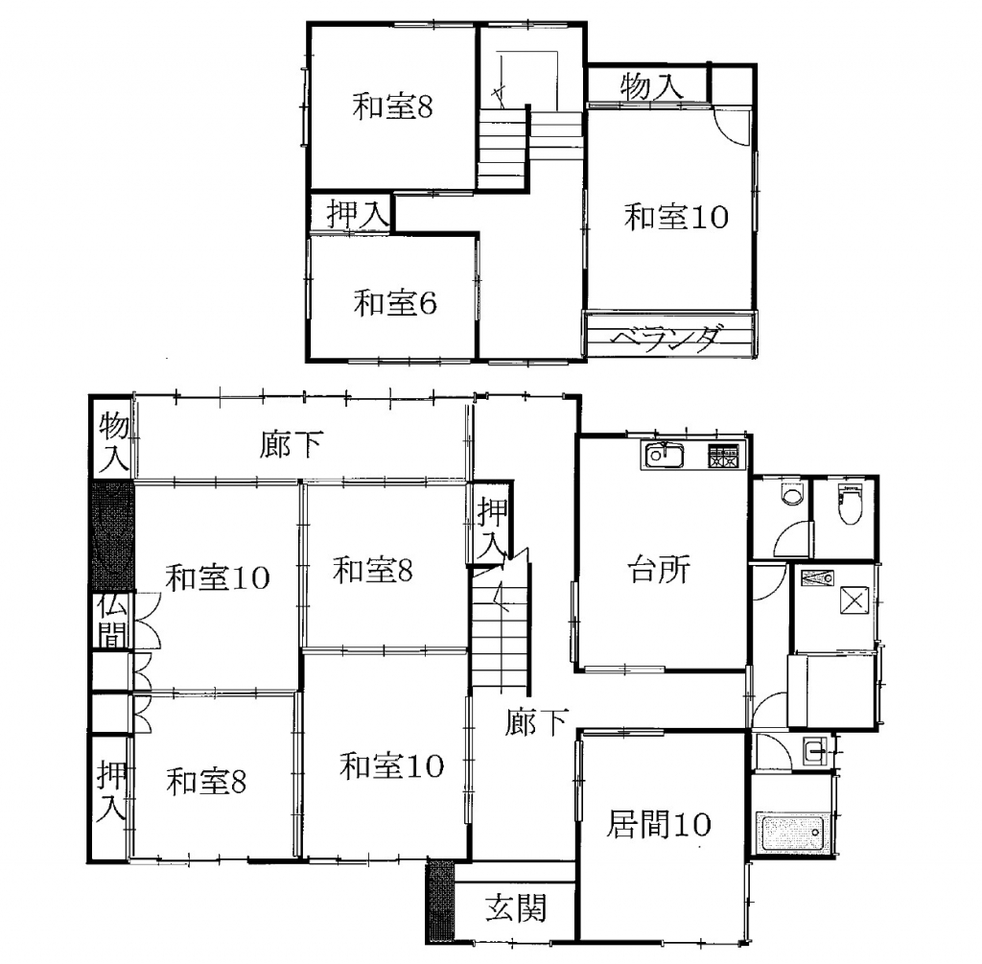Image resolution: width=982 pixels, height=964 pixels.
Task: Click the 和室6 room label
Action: click(x=394, y=303)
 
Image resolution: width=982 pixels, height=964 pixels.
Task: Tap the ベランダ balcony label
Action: click(x=666, y=339)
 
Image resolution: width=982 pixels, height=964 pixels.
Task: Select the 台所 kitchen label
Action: click(x=659, y=570)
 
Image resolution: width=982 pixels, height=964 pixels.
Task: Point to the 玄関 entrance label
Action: click(x=516, y=908)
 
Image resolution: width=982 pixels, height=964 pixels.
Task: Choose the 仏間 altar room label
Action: click(x=112, y=620)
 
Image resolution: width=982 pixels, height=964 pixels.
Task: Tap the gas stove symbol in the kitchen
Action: click(x=726, y=456)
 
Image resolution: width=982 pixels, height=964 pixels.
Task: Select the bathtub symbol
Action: click(x=792, y=832)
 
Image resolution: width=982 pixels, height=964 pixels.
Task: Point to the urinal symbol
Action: click(x=793, y=496)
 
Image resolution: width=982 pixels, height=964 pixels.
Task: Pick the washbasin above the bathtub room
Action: click(x=816, y=750)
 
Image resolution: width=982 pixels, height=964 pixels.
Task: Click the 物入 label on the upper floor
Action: click(x=651, y=86)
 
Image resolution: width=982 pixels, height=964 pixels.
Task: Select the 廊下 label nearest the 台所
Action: click(x=537, y=721)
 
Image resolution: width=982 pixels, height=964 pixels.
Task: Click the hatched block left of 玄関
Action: click(x=439, y=902)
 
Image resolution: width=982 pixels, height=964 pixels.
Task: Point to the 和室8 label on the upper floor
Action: click(x=392, y=106)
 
